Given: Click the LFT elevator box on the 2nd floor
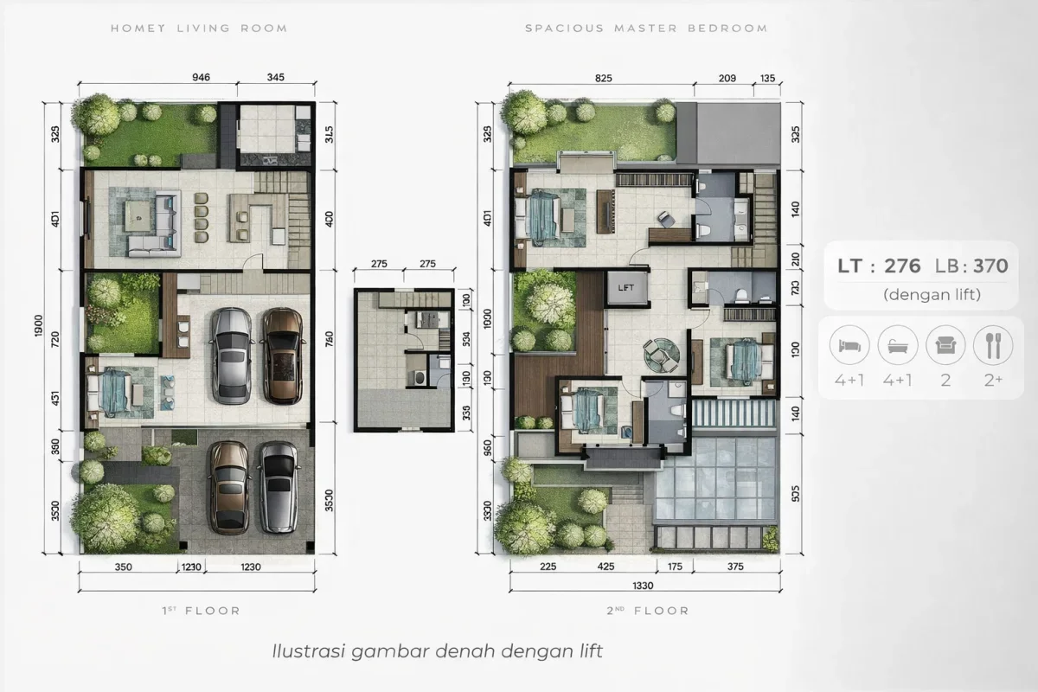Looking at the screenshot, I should click(x=626, y=287).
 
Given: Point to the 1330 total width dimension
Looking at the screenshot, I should click(x=643, y=586).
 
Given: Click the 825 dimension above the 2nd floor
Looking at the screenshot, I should click(x=604, y=78).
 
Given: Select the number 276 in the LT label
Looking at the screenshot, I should click(x=902, y=266).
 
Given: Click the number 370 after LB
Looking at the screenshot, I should click(x=990, y=266).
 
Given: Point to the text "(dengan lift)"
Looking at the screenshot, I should click(x=932, y=295).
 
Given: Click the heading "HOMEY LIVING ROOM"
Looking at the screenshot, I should click(x=199, y=29).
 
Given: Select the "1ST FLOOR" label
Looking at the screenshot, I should click(x=201, y=611).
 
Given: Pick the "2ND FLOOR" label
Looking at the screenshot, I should click(x=648, y=611).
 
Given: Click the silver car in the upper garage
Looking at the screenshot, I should click(x=231, y=356).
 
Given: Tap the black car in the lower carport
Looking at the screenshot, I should click(x=277, y=486).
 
